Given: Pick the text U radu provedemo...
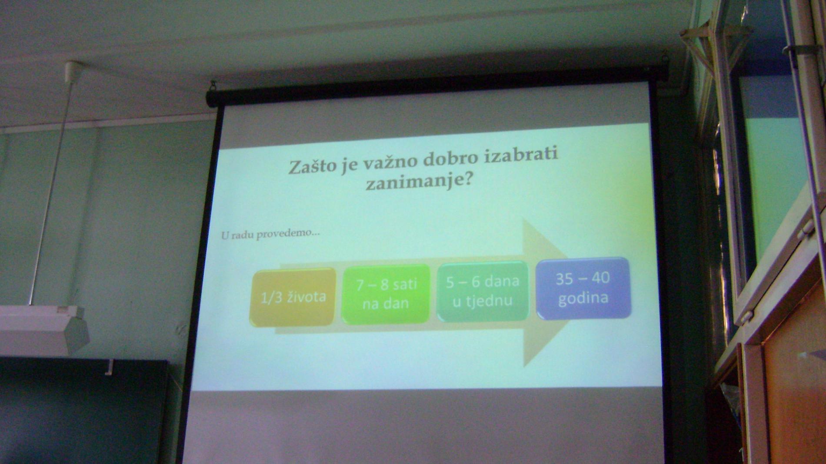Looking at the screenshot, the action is [270, 234].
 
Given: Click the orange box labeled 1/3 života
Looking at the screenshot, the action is [293, 298].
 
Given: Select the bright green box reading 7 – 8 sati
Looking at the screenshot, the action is [386, 294].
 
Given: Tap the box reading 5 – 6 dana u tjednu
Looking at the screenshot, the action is [483, 291].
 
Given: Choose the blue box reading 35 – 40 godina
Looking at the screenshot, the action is [583, 288].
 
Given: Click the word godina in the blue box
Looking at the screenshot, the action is [583, 298].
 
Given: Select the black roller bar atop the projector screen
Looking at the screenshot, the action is [437, 84].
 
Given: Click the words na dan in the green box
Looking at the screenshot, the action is [386, 303].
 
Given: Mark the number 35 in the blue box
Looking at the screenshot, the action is [564, 278].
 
